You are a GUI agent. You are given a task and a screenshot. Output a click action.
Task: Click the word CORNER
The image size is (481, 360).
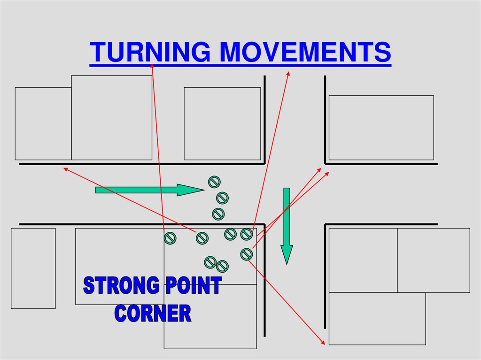click(153, 313)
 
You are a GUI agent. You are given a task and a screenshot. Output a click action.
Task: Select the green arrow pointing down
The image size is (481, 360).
click(287, 225)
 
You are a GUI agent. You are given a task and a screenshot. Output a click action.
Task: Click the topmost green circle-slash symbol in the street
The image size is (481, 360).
click(214, 181)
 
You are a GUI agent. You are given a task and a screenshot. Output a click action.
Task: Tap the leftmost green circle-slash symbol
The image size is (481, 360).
click(170, 238)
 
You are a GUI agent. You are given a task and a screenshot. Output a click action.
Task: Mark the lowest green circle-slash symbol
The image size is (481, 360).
click(222, 266)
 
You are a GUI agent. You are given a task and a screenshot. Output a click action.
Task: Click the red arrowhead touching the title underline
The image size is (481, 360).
click(152, 65)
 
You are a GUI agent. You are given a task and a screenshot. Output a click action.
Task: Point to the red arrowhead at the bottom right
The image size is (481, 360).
click(323, 343)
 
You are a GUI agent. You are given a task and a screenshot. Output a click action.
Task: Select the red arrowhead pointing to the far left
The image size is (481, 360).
click(66, 169)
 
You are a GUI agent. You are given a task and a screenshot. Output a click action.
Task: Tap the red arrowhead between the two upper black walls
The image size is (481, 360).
click(288, 73)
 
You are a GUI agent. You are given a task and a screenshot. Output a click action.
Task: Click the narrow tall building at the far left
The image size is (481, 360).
click(33, 268)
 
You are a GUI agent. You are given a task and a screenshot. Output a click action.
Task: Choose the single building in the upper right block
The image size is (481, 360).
click(381, 128)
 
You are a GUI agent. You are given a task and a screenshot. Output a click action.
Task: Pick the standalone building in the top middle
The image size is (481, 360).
click(222, 123)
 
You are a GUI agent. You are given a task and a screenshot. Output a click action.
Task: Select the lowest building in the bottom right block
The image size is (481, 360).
click(377, 318)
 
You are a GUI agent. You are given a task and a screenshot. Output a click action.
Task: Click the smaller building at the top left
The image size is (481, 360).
click(43, 123)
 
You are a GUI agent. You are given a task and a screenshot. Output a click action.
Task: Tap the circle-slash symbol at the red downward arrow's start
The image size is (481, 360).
click(247, 254)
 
